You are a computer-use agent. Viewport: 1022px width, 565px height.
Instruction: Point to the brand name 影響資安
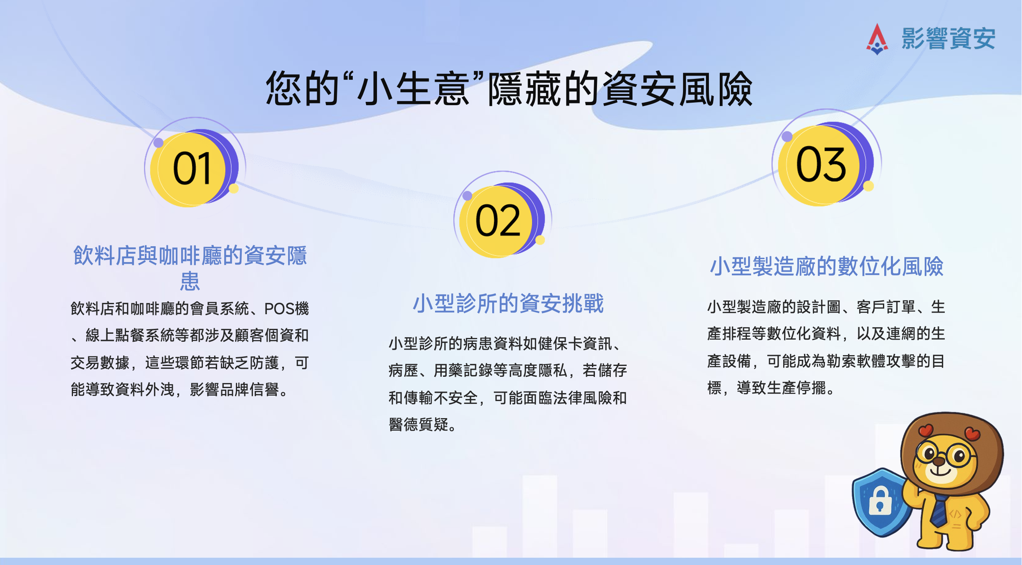pyautogui.click(x=949, y=39)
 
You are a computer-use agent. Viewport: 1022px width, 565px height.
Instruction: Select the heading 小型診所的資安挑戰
pyautogui.click(x=508, y=303)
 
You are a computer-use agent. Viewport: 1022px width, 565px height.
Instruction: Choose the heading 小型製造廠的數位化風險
pyautogui.click(x=827, y=266)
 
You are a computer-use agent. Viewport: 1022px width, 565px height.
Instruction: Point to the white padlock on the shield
pyautogui.click(x=880, y=501)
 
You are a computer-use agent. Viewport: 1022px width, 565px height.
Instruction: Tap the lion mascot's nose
pyautogui.click(x=939, y=461)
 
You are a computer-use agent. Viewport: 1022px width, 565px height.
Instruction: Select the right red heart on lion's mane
pyautogui.click(x=972, y=434)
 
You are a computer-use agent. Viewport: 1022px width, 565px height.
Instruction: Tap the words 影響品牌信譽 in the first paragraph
pyautogui.click(x=234, y=390)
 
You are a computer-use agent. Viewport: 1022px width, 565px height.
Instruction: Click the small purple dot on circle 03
pyautogui.click(x=787, y=136)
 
